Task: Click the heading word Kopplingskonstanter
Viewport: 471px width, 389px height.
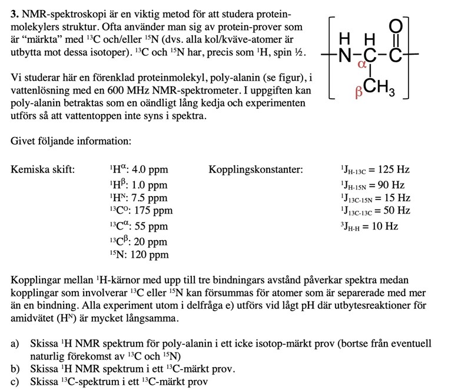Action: point(256,170)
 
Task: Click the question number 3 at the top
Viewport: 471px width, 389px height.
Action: point(14,13)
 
